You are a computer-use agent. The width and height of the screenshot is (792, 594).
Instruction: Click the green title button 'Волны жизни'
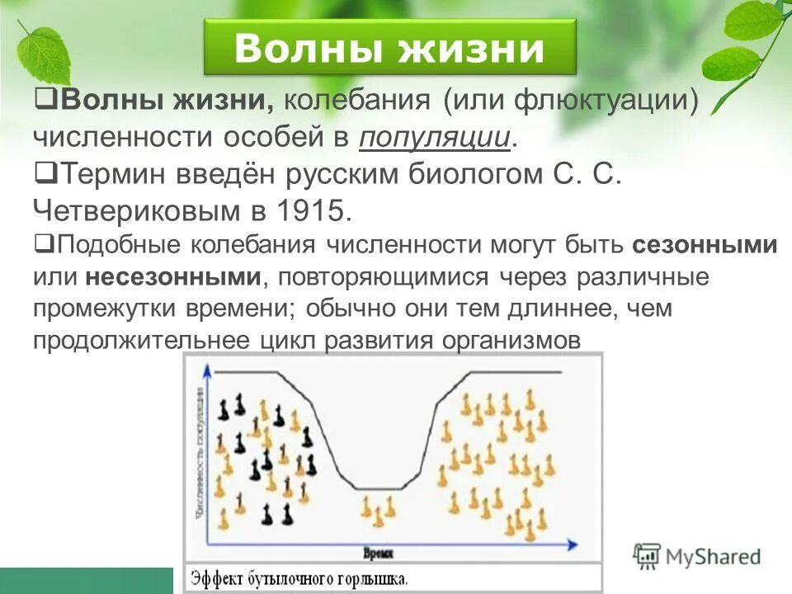pyautogui.click(x=389, y=49)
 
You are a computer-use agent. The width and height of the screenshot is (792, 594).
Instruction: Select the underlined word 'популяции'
pyautogui.click(x=434, y=138)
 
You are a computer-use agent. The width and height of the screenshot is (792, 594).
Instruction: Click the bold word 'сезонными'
pyautogui.click(x=705, y=246)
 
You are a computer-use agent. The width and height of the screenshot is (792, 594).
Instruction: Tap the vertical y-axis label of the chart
pyautogui.click(x=200, y=454)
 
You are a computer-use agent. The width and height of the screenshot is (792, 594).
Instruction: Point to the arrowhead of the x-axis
pyautogui.click(x=573, y=544)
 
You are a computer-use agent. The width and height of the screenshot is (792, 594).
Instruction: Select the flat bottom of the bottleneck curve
pyautogui.click(x=375, y=488)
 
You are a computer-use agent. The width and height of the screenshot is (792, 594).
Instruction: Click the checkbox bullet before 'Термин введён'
pyautogui.click(x=46, y=173)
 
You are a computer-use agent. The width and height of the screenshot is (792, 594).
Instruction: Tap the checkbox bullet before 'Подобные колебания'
pyautogui.click(x=45, y=245)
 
